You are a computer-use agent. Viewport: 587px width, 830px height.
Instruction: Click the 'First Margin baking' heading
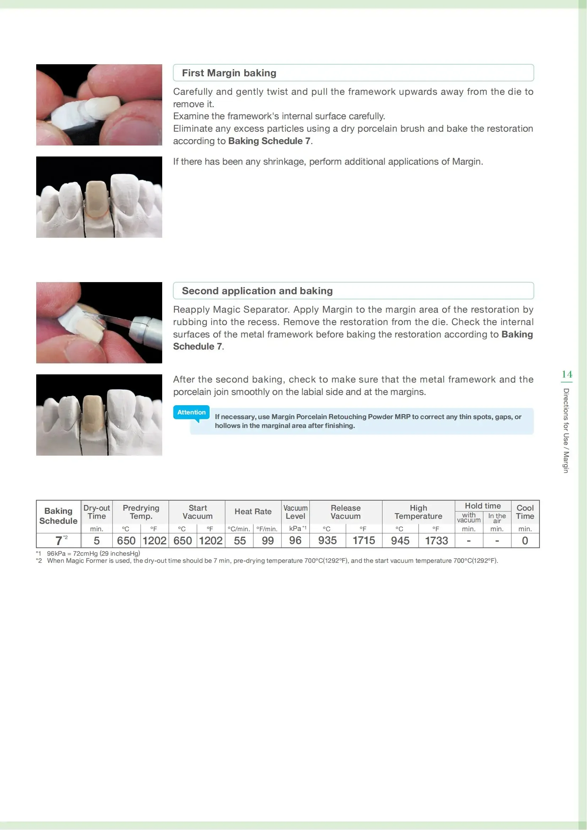click(x=229, y=73)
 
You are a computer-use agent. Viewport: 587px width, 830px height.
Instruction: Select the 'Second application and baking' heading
click(x=257, y=291)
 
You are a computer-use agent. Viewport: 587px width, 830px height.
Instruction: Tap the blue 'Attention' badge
click(x=191, y=412)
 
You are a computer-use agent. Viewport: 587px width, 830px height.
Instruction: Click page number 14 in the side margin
click(x=567, y=374)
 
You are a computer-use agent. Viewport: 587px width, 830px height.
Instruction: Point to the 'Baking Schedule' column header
click(x=58, y=516)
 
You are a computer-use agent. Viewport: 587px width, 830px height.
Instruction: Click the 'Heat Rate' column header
click(x=253, y=512)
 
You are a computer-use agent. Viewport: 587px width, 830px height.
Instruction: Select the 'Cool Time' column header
click(x=525, y=512)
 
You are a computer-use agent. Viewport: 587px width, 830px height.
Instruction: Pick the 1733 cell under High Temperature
click(x=436, y=541)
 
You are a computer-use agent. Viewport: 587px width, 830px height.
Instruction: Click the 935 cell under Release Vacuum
click(x=328, y=541)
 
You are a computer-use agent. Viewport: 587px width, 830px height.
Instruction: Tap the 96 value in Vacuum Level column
click(x=295, y=541)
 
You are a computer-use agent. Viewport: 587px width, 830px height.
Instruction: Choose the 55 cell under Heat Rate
click(x=240, y=541)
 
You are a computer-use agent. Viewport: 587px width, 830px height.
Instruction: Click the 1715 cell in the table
click(x=364, y=541)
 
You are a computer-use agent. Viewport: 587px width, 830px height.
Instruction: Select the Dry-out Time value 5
click(x=97, y=541)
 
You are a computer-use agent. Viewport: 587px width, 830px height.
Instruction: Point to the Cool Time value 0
click(x=525, y=541)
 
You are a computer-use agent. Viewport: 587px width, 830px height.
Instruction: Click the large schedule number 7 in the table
click(x=59, y=541)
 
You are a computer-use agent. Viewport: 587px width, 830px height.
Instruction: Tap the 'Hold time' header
click(x=483, y=506)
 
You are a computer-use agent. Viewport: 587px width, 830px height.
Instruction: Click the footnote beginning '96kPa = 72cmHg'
click(x=93, y=554)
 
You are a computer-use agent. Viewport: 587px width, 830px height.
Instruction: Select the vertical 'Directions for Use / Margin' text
click(x=566, y=430)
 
